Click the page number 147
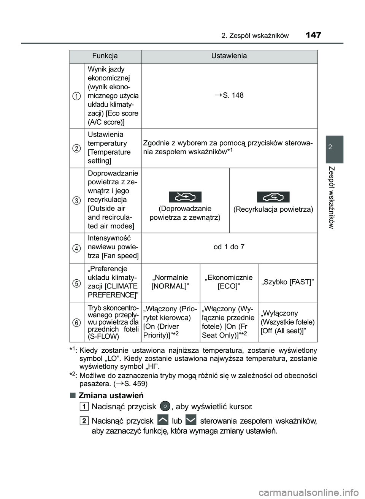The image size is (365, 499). click(313, 35)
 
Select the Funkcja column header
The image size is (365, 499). click(105, 56)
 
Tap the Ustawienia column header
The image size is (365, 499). click(229, 56)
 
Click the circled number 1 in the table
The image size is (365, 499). click(77, 96)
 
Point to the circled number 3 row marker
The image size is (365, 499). click(77, 200)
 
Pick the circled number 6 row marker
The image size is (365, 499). click(77, 322)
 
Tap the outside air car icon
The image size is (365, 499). click(185, 197)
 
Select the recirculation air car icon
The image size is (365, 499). click(273, 197)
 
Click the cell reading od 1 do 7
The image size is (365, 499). click(229, 247)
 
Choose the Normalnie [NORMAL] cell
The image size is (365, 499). click(170, 282)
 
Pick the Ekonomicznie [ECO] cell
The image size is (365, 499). click(229, 282)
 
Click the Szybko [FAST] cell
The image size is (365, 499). click(288, 282)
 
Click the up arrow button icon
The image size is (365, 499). click(162, 420)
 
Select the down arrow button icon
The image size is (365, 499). click(191, 420)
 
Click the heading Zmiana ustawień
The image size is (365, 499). click(111, 395)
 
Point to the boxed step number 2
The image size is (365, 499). click(84, 421)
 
